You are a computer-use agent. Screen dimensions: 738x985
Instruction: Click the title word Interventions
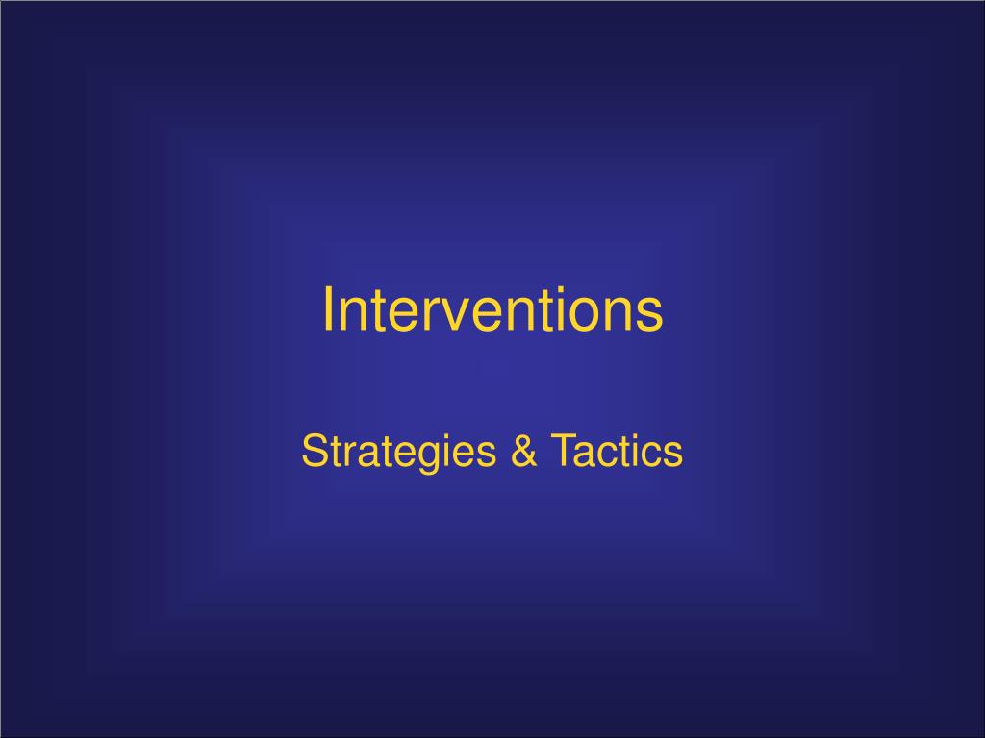(492, 310)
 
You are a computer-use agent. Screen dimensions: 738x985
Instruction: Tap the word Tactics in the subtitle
(616, 452)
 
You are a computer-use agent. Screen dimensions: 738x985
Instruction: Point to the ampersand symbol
(524, 452)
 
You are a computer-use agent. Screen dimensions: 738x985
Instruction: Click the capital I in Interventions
(328, 310)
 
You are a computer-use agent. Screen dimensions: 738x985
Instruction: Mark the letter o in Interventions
(602, 315)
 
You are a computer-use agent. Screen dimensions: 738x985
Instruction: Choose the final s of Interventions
(652, 315)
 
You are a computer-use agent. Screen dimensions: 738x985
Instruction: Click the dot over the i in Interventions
(579, 289)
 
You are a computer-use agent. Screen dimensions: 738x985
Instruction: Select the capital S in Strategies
(313, 452)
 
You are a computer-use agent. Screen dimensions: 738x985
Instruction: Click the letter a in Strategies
(362, 455)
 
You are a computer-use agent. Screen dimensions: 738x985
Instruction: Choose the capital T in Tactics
(563, 452)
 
